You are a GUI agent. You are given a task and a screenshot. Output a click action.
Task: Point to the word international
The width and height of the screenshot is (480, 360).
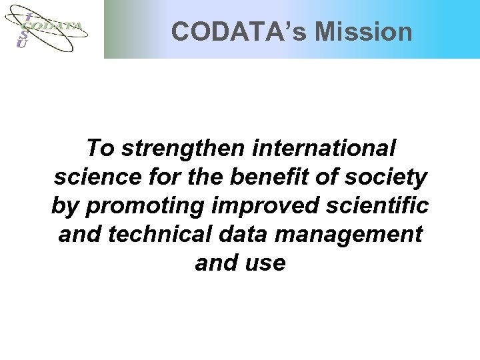click(324, 147)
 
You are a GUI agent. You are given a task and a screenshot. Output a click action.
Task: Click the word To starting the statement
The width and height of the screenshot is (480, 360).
click(101, 147)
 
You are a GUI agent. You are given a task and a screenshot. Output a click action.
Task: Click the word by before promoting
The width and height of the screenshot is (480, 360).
click(65, 206)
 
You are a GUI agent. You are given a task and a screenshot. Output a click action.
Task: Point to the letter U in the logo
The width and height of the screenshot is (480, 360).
click(22, 43)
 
